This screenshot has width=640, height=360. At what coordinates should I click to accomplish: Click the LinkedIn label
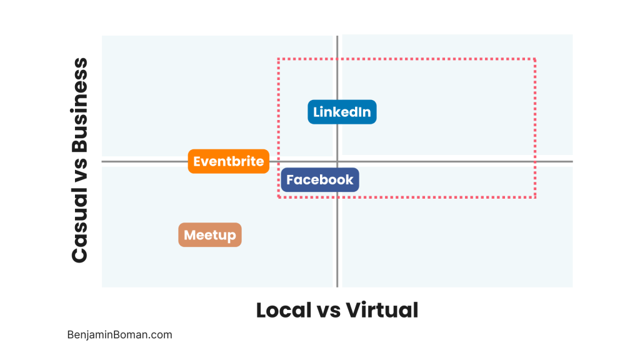(342, 112)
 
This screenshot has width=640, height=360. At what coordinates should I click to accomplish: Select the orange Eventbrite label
(229, 161)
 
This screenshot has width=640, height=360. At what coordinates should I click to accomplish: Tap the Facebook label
(320, 180)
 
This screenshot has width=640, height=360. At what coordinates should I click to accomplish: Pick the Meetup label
(210, 235)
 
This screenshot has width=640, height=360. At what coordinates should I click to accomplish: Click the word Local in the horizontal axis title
(283, 310)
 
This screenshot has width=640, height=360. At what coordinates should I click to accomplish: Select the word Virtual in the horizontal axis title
(382, 310)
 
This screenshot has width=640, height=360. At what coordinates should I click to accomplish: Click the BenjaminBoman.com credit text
(119, 335)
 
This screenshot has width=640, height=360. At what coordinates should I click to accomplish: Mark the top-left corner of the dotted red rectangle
(278, 59)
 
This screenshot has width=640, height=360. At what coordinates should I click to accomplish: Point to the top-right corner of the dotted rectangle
(536, 59)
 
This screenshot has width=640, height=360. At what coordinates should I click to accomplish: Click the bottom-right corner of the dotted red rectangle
(536, 197)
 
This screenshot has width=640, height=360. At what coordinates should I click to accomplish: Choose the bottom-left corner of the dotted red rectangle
(278, 197)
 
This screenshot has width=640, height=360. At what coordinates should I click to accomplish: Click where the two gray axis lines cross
(337, 162)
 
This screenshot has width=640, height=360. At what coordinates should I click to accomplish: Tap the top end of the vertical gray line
(337, 36)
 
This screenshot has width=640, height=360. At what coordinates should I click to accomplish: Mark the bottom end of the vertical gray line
(337, 287)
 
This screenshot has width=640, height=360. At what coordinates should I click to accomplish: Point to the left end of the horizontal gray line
(102, 162)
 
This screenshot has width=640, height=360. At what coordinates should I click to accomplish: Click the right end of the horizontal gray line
(572, 162)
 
